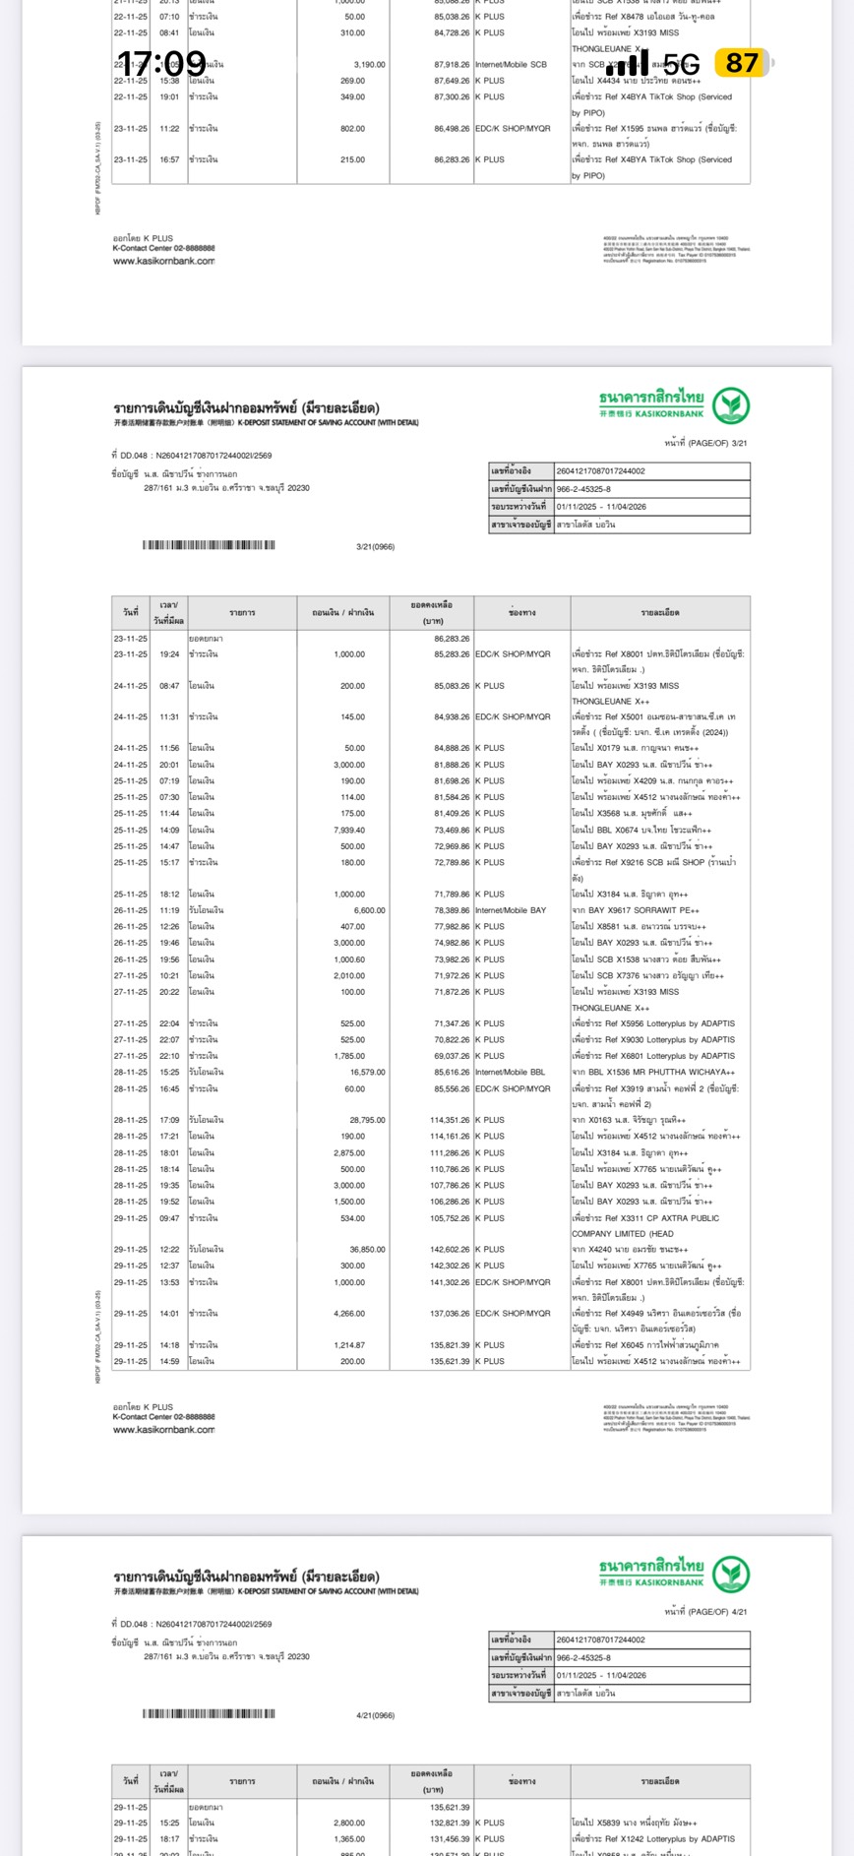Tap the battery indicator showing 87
[x=742, y=63]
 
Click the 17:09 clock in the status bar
[x=162, y=64]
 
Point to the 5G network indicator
[x=681, y=65]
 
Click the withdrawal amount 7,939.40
[x=349, y=830]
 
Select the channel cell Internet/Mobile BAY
[x=511, y=910]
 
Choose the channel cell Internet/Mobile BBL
[x=510, y=1073]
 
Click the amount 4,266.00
[x=349, y=1314]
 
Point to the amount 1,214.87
[x=349, y=1345]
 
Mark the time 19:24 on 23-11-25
[x=169, y=654]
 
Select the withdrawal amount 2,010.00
[x=349, y=976]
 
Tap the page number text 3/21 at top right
[x=737, y=444]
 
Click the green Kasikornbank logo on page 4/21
[x=731, y=1575]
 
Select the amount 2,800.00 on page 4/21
[x=349, y=1824]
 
